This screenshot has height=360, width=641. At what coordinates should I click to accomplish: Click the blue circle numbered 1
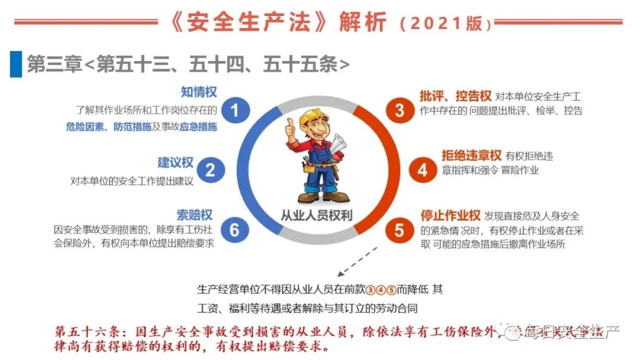pyautogui.click(x=235, y=111)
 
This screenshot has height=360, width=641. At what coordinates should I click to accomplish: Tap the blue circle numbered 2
pyautogui.click(x=210, y=170)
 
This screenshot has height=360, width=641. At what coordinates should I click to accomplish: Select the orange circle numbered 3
pyautogui.click(x=399, y=110)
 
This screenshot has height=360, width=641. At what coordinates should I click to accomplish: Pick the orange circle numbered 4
pyautogui.click(x=422, y=170)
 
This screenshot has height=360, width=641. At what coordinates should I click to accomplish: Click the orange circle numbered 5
pyautogui.click(x=399, y=230)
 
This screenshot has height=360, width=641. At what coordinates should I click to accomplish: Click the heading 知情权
pyautogui.click(x=199, y=93)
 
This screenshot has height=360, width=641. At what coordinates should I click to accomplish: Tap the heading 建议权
pyautogui.click(x=175, y=163)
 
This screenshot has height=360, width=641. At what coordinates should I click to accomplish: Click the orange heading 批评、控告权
pyautogui.click(x=455, y=96)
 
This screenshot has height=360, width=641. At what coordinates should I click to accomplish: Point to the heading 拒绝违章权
pyautogui.click(x=472, y=156)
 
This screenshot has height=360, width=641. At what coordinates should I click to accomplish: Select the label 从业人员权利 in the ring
pyautogui.click(x=316, y=215)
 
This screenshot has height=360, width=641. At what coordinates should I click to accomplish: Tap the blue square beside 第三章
pyautogui.click(x=15, y=64)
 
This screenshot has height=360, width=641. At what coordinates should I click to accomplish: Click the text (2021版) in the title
pyautogui.click(x=446, y=24)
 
